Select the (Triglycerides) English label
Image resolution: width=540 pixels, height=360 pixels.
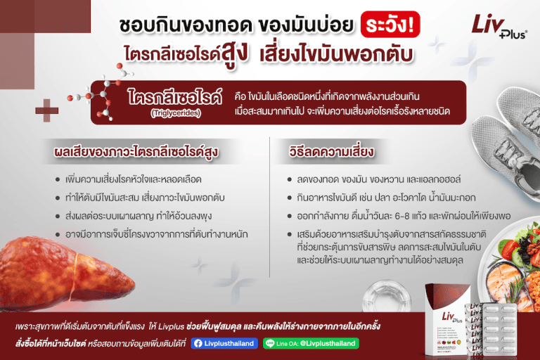pyautogui.click(x=174, y=112)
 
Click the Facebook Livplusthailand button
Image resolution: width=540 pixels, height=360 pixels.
pyautogui.click(x=224, y=344)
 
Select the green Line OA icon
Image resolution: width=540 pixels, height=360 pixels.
pyautogui.click(x=270, y=344)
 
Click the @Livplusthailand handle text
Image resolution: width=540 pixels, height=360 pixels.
pyautogui.click(x=328, y=344)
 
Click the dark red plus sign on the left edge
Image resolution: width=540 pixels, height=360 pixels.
pyautogui.click(x=47, y=110)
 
